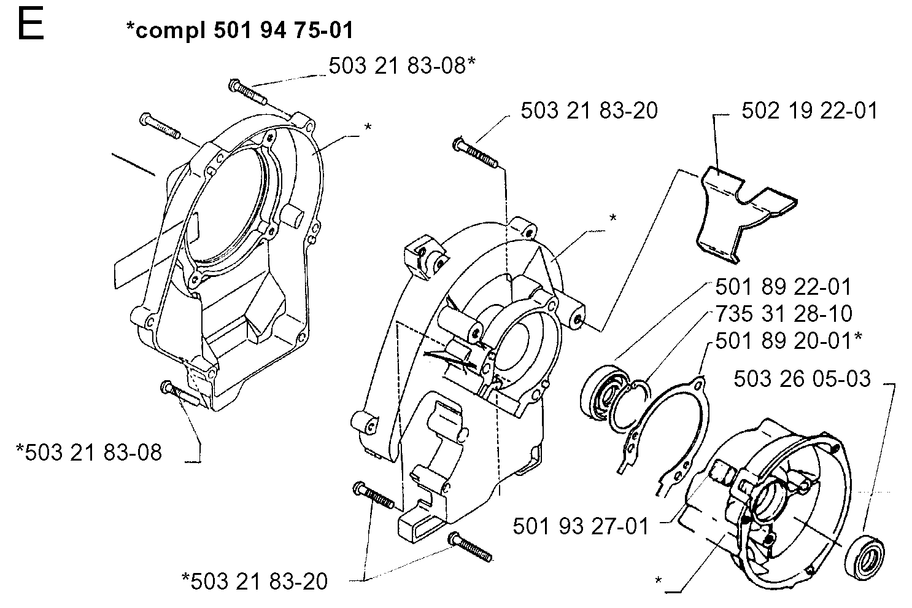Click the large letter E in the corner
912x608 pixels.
(31, 25)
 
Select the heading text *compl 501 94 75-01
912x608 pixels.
(240, 30)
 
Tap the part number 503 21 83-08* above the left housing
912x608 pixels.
(402, 66)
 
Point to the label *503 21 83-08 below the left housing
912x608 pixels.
(89, 453)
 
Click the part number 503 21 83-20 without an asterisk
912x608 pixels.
(589, 111)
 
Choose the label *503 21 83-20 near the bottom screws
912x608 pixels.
(255, 581)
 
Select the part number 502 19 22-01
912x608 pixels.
(810, 111)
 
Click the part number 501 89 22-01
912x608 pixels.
(783, 287)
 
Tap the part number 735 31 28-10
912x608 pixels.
(784, 314)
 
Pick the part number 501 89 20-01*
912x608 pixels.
(789, 341)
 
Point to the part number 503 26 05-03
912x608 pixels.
(802, 378)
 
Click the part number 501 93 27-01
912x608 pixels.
(581, 526)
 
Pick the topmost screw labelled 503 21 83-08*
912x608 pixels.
(248, 92)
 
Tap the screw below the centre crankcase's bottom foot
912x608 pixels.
(470, 547)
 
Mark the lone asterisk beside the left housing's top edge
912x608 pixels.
(368, 127)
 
